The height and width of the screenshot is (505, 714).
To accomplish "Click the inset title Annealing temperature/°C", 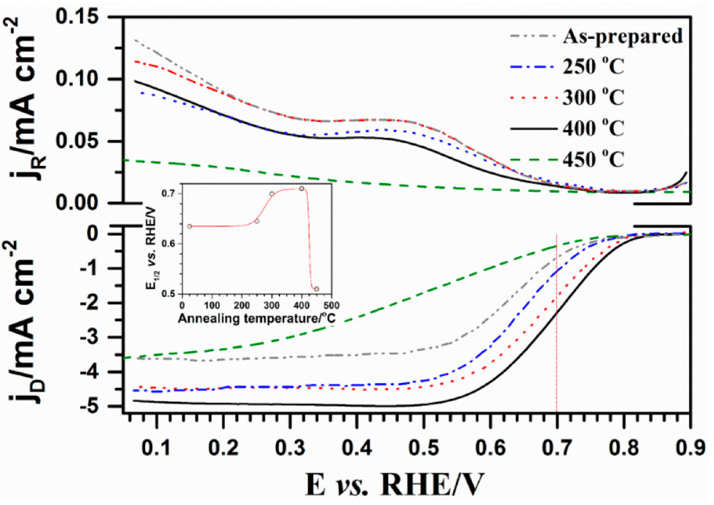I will coord(255,319).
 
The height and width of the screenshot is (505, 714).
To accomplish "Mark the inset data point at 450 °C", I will coord(317,289).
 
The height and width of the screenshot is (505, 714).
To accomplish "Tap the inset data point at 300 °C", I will coord(272,194).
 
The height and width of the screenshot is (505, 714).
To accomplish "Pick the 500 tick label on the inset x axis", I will coord(331,306).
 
